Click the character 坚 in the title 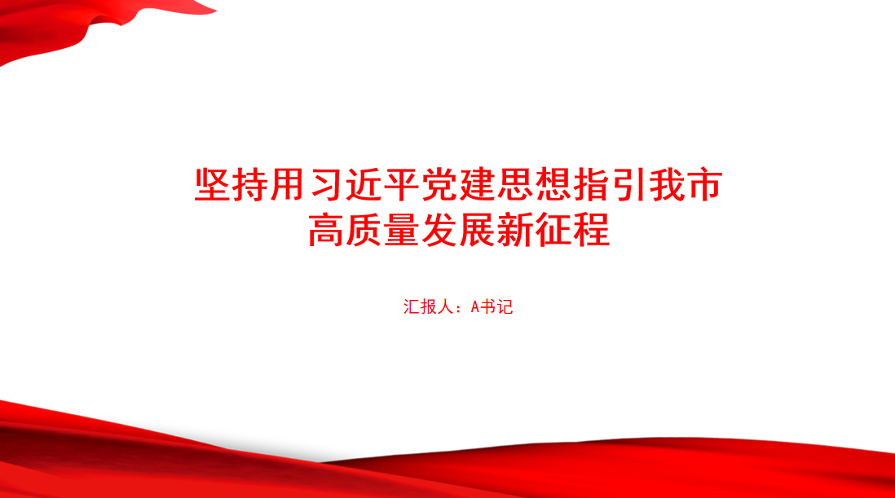(212, 185)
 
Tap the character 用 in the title (288, 185)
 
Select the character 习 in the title (326, 185)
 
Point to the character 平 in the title (402, 185)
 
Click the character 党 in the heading (439, 185)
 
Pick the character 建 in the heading (477, 185)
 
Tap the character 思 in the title (515, 185)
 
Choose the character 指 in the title (591, 185)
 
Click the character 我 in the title (667, 185)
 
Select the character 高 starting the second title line (326, 230)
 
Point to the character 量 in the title (402, 230)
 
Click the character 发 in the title (439, 230)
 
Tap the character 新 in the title (515, 230)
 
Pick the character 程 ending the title (591, 230)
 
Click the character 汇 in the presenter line (412, 307)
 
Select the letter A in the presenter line (475, 307)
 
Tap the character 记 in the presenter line (505, 307)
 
